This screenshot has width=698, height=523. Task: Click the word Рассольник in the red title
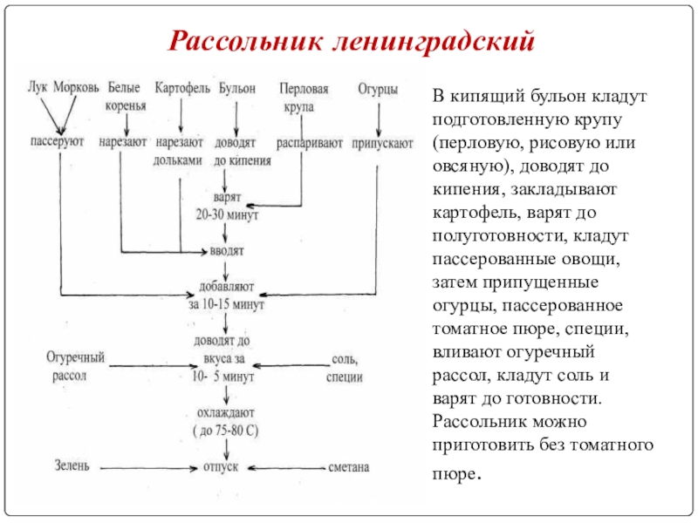[246, 41]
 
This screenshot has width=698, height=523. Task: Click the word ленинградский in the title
[434, 42]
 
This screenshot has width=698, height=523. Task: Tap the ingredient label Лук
[38, 86]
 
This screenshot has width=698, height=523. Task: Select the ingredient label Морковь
[76, 87]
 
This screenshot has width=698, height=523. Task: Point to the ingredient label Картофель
[182, 88]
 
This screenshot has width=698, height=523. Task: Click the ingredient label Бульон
[236, 89]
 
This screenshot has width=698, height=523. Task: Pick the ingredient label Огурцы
[378, 90]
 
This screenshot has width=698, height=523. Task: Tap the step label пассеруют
[57, 141]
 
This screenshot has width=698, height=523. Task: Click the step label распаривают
[310, 143]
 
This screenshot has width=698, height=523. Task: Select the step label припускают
[382, 144]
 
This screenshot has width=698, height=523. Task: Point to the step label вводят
[227, 251]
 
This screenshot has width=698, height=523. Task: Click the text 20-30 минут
[227, 214]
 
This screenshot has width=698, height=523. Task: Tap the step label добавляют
[226, 287]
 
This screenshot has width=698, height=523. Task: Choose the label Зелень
[72, 465]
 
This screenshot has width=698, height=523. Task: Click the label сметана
[348, 467]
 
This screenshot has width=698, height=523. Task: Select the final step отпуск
[221, 467]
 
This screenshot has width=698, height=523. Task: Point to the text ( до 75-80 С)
[226, 431]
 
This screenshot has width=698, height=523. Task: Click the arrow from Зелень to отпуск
[148, 468]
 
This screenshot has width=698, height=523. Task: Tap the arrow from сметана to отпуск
[286, 468]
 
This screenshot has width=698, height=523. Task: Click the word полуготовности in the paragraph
[499, 235]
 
